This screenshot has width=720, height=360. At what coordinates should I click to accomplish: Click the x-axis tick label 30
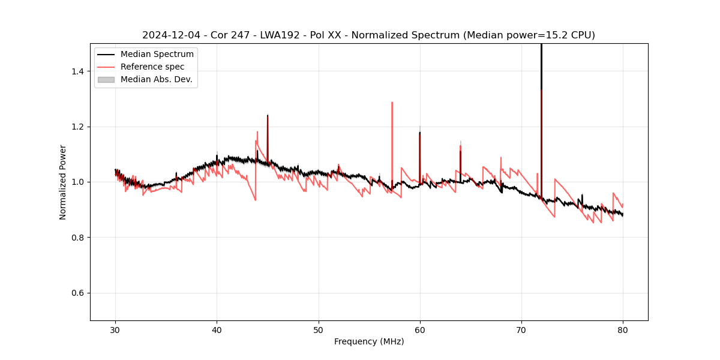click(115, 330)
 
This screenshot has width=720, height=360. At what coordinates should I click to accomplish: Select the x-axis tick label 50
click(319, 330)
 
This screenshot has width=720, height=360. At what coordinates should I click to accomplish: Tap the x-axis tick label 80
click(623, 330)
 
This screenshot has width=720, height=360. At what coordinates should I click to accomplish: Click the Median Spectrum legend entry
click(157, 55)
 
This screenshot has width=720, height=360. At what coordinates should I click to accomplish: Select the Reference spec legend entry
click(152, 67)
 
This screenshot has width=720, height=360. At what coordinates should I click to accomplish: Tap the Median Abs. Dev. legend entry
click(157, 79)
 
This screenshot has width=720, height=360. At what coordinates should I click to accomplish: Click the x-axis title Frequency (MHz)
click(369, 341)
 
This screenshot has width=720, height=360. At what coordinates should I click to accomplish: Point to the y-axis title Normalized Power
click(63, 182)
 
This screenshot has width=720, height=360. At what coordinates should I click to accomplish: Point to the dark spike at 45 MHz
click(268, 132)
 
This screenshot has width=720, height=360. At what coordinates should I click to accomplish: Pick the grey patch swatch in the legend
click(106, 79)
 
